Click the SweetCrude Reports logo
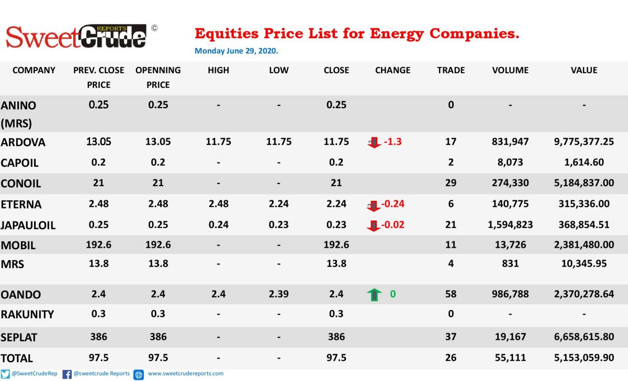(76, 37)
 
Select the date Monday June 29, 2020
(237, 51)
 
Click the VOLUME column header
(510, 70)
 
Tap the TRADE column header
(451, 70)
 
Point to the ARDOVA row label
(23, 142)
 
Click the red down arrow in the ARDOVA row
(374, 142)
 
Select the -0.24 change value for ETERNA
(393, 204)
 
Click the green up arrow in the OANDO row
(374, 294)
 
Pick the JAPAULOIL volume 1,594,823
(510, 225)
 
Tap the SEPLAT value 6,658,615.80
(584, 337)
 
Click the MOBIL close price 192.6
(337, 245)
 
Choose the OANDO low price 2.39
(278, 294)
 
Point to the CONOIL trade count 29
(451, 183)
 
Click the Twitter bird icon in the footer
(5, 374)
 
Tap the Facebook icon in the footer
(67, 374)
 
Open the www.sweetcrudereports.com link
(186, 374)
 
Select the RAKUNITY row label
(27, 315)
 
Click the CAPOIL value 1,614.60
(584, 163)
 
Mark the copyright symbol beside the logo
(154, 28)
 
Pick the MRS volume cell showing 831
(510, 264)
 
